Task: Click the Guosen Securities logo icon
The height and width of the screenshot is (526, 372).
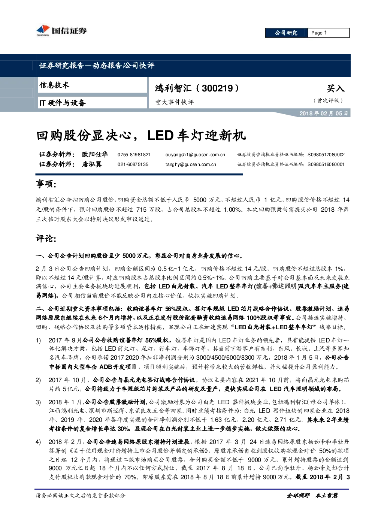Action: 43,30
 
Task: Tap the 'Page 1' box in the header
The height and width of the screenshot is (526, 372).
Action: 329,33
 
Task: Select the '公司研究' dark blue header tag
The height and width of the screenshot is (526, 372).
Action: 286,33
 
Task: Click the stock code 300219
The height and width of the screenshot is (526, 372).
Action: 217,88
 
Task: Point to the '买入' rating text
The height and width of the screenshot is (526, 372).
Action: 336,88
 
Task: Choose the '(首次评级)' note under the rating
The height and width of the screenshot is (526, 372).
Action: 328,100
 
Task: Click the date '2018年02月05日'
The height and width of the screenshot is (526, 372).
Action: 324,114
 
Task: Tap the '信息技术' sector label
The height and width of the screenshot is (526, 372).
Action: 54,85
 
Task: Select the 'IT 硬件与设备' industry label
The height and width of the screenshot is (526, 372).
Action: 62,103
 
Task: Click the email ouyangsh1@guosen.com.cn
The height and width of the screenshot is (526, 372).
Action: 195,155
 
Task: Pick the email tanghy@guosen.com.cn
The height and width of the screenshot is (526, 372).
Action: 191,164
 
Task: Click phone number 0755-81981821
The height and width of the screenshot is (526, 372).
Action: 134,155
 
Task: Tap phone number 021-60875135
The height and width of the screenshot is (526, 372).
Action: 133,164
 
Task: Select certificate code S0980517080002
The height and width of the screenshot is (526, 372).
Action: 326,155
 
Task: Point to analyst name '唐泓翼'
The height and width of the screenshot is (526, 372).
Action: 91,164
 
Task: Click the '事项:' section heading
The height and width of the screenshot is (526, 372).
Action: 46,184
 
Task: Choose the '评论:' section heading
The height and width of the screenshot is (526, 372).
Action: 46,239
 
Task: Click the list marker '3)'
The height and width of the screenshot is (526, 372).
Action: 38,402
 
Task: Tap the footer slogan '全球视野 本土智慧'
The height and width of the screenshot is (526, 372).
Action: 312,496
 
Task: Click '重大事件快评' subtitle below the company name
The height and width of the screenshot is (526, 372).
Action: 175,102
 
